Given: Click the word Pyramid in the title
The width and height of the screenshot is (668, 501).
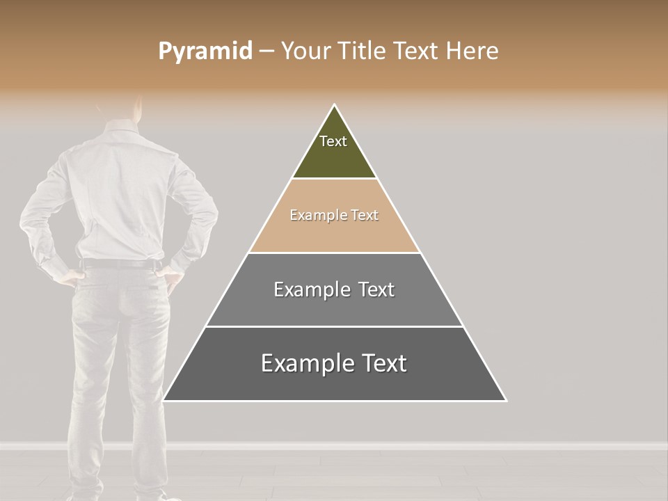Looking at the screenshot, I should (x=205, y=51).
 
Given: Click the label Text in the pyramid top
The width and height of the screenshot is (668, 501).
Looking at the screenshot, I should (x=333, y=141).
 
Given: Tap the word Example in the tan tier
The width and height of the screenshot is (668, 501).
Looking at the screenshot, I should (x=314, y=216).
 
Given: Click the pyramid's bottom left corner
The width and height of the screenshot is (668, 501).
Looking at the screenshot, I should (x=164, y=400).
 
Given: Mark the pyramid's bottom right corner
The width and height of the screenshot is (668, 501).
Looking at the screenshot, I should (x=506, y=400).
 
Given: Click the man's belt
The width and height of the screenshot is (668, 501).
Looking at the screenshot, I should (x=118, y=264).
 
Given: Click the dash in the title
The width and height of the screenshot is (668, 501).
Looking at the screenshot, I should (x=267, y=51).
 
